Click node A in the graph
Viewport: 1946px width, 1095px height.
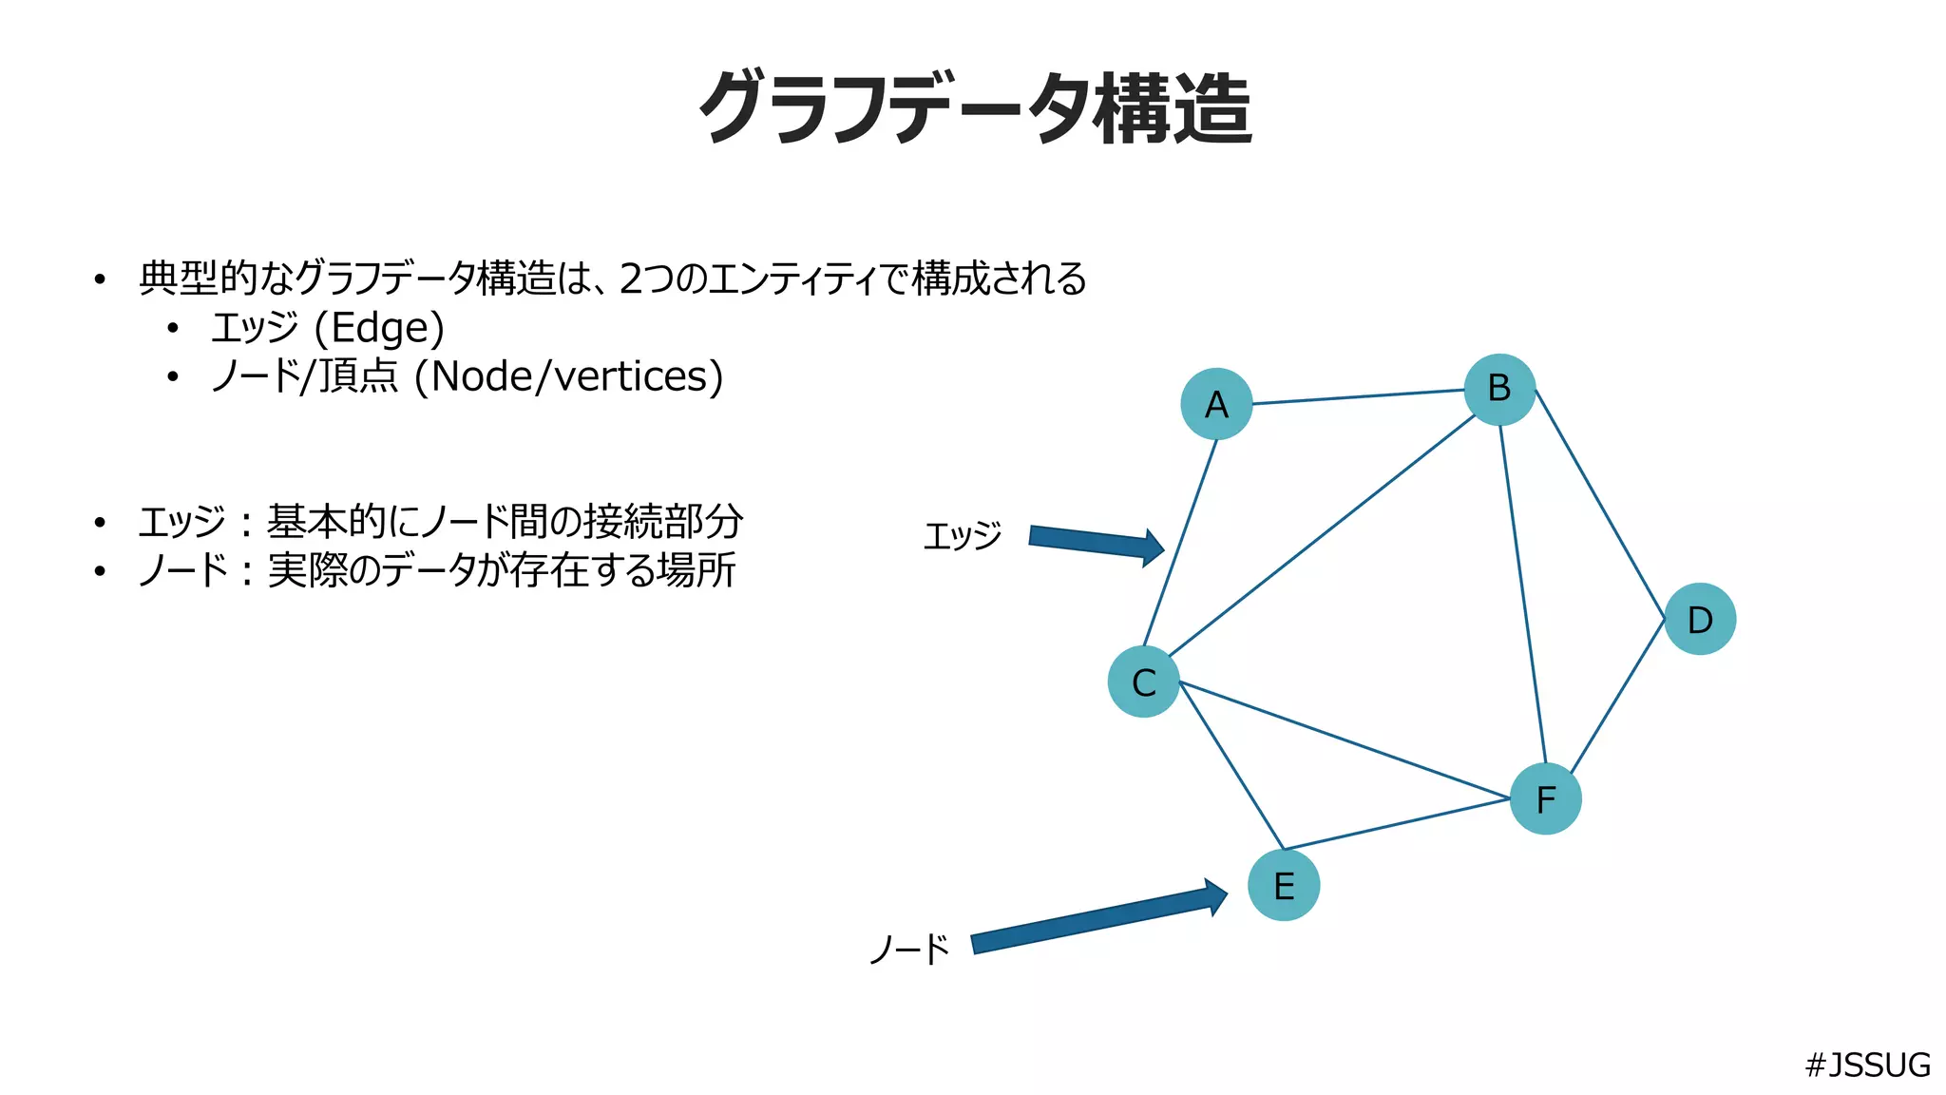pyautogui.click(x=1216, y=404)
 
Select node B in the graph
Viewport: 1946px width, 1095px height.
pyautogui.click(x=1499, y=389)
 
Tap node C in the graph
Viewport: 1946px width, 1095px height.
pyautogui.click(x=1144, y=682)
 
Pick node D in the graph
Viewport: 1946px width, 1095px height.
pyautogui.click(x=1700, y=620)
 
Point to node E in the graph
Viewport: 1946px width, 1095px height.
pyautogui.click(x=1284, y=886)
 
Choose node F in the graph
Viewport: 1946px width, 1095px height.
pyautogui.click(x=1546, y=799)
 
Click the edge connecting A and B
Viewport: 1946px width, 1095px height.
pyautogui.click(x=1359, y=397)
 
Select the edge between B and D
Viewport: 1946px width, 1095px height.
pyautogui.click(x=1600, y=505)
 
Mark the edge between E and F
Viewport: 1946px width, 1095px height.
pyautogui.click(x=1397, y=823)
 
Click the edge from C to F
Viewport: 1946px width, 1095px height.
pyautogui.click(x=1345, y=740)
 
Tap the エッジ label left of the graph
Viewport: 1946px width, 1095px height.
pyautogui.click(x=963, y=536)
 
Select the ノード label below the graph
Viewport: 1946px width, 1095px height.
pyautogui.click(x=909, y=949)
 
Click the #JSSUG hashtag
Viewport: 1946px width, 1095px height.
pyautogui.click(x=1867, y=1065)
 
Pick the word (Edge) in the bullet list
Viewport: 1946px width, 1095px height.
pyautogui.click(x=379, y=328)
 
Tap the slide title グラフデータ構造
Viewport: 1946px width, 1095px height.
pyautogui.click(x=975, y=108)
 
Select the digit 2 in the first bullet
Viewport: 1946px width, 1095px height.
pyautogui.click(x=630, y=279)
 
